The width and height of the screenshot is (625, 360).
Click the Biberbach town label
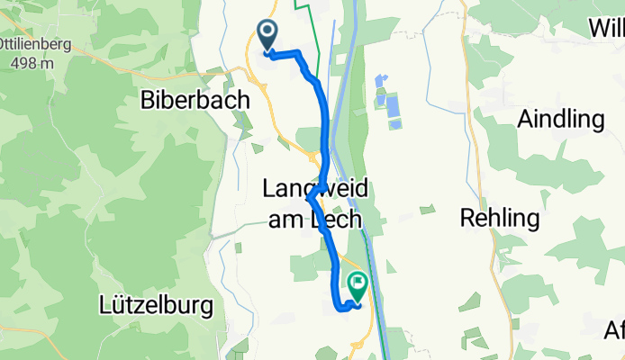tap(195, 101)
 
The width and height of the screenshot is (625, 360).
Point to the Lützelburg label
tap(157, 306)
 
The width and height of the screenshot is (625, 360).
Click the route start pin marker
tap(268, 37)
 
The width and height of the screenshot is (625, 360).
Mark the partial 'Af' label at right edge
tap(614, 330)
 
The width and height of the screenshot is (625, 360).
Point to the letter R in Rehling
tap(467, 217)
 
